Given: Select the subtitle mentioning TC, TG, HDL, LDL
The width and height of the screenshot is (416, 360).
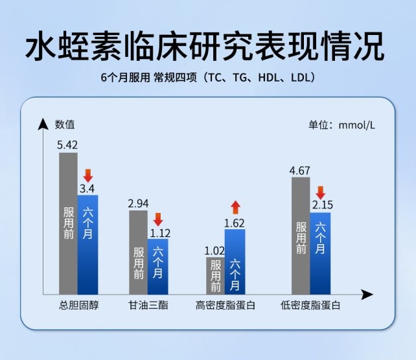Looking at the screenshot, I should tap(208, 78).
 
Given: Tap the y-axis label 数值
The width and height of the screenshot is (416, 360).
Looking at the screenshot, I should tap(65, 124).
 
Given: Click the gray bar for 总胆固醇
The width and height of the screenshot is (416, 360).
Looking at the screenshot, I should tap(68, 223).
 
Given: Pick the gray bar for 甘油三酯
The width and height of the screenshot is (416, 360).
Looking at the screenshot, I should tap(138, 253).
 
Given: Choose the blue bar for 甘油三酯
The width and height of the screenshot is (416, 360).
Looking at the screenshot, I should tap(157, 266).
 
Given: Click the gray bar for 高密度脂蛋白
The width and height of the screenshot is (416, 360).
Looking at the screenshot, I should tap(215, 276).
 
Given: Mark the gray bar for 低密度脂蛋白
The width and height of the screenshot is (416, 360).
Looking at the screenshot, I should tap(301, 236).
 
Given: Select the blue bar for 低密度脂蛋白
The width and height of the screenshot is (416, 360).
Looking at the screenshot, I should tap(320, 253).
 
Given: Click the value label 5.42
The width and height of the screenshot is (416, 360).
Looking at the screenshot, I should tap(67, 145).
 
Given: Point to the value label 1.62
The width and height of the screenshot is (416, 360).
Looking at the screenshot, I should tap(235, 223).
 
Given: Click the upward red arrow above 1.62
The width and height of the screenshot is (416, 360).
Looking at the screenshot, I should tap(235, 207).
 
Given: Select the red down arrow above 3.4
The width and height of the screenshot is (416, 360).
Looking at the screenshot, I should tap(88, 175).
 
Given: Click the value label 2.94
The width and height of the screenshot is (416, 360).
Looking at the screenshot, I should tap(138, 203).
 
